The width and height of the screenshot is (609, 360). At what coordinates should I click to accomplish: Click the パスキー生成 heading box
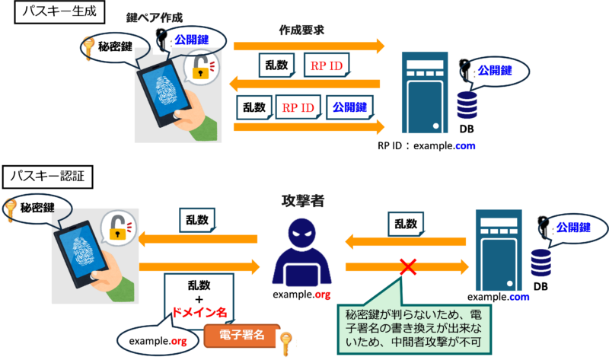coord(59,11)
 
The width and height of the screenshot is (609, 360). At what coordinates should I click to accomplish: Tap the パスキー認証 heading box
coord(47,177)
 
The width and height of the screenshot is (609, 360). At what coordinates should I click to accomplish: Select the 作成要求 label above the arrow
coord(301,30)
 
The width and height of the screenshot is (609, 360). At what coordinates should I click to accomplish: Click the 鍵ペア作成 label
coord(155,18)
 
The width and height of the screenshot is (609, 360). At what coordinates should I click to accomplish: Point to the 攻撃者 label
coord(302,201)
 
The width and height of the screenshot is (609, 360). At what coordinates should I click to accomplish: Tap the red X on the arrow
coord(408,267)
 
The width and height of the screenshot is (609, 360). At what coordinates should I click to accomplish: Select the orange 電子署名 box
coord(242,336)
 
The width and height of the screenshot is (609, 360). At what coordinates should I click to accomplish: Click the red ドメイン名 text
coord(199,312)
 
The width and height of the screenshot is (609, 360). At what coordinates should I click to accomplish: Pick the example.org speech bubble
coord(158,340)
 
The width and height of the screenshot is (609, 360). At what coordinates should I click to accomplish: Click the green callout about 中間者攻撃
coord(414,329)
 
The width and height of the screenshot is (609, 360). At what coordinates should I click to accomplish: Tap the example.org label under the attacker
coord(301,295)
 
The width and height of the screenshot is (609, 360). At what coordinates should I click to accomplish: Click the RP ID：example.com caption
coord(426,146)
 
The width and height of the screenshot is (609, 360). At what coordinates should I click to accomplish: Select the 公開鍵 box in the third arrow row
coord(349,107)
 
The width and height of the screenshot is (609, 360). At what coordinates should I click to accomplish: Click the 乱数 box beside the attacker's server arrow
coord(406,224)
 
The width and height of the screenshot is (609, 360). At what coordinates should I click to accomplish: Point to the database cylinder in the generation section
coord(467,105)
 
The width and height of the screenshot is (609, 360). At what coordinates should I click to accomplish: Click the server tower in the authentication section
coord(499,250)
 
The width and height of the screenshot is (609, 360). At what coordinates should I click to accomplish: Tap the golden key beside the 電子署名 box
coord(286,343)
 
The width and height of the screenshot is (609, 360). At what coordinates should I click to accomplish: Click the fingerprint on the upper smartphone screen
coord(166,90)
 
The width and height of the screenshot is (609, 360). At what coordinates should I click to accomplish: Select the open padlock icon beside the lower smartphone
coord(118,228)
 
